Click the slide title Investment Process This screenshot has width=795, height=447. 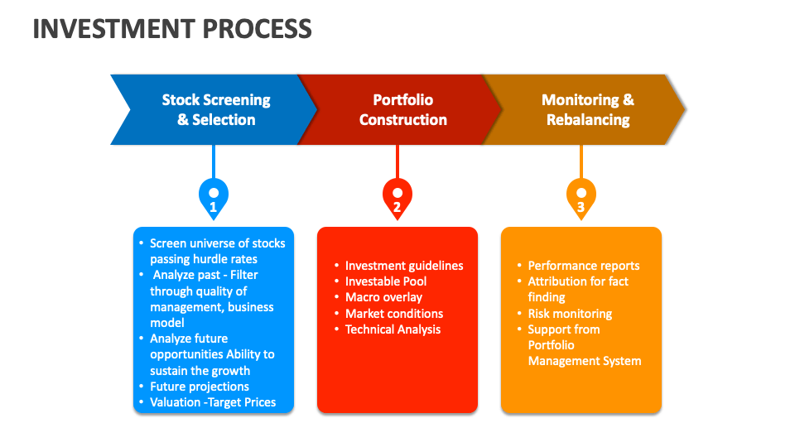[172, 29]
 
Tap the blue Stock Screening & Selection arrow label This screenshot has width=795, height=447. [216, 109]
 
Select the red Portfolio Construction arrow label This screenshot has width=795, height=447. [402, 109]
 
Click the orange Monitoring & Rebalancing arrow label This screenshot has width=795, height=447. [588, 109]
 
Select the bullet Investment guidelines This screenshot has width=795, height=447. [404, 266]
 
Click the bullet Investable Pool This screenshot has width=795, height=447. [386, 281]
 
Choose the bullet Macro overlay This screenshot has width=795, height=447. [383, 297]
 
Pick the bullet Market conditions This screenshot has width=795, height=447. [394, 314]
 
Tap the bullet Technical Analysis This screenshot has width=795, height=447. [393, 329]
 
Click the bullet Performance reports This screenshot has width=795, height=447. [584, 266]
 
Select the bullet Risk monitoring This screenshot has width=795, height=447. [570, 314]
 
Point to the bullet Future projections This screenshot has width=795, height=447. [200, 387]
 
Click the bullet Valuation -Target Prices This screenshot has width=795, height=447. [213, 402]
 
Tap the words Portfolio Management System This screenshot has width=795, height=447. [584, 353]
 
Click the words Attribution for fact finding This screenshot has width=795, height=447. [577, 289]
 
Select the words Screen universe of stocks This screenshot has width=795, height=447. [217, 243]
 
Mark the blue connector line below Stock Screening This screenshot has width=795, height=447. [214, 161]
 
